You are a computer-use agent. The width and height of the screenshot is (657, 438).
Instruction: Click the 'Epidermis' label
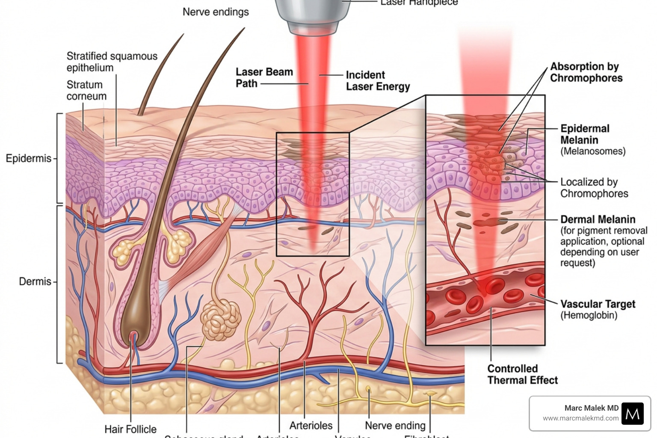point(28,159)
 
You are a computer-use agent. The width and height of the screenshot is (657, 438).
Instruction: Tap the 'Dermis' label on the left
point(35,281)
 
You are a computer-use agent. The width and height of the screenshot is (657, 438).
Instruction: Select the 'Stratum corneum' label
point(86,90)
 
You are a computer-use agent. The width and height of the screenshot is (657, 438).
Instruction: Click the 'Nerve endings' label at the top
point(216,12)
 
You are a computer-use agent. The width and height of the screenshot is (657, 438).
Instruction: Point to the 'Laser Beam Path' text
point(264,77)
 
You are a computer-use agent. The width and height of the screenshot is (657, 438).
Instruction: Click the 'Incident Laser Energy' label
point(377,81)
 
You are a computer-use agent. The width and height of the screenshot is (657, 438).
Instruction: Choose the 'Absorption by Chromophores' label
point(586,72)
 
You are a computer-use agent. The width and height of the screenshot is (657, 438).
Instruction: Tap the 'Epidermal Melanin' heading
point(584,134)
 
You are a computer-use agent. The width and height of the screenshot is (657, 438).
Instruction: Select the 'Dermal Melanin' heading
point(598,219)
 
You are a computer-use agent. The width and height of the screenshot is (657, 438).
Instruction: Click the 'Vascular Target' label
point(598,304)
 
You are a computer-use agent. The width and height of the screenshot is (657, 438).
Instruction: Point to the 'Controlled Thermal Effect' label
point(522,374)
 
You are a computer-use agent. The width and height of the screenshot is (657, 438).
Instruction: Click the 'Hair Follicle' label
point(130,429)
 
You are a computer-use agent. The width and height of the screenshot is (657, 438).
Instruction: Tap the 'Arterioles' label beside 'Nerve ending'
point(311,425)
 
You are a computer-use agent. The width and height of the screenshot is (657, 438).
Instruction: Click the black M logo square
point(632,413)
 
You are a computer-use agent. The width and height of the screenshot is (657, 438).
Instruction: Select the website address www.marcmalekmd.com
point(580,418)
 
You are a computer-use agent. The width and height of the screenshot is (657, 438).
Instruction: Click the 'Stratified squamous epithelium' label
point(112,62)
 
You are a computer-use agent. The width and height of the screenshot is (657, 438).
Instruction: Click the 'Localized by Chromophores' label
point(594,188)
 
